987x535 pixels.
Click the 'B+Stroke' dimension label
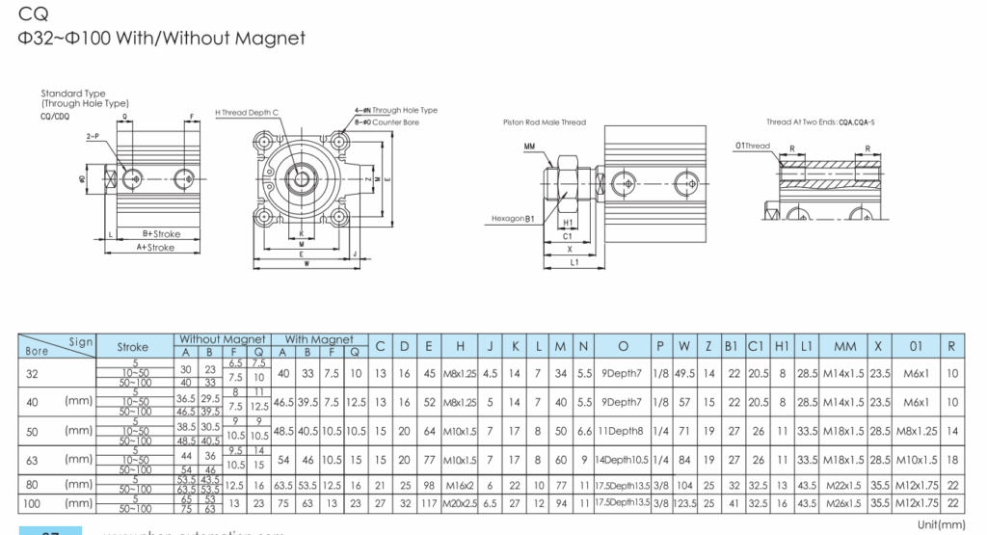click(x=161, y=234)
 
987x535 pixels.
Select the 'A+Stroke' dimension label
click(x=155, y=248)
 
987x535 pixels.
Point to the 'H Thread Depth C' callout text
click(x=246, y=113)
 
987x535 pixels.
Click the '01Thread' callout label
click(x=753, y=147)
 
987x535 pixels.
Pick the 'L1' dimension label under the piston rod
click(x=574, y=261)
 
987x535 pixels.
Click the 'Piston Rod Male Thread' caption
click(x=544, y=122)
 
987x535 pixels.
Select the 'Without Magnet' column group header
click(x=223, y=339)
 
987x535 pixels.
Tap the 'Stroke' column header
click(x=133, y=346)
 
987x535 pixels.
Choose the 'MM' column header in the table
click(x=845, y=346)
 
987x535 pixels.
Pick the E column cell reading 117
click(x=428, y=503)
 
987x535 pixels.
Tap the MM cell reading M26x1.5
click(x=845, y=503)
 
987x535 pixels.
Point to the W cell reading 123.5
click(x=683, y=503)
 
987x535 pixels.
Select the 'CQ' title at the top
click(x=30, y=14)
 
